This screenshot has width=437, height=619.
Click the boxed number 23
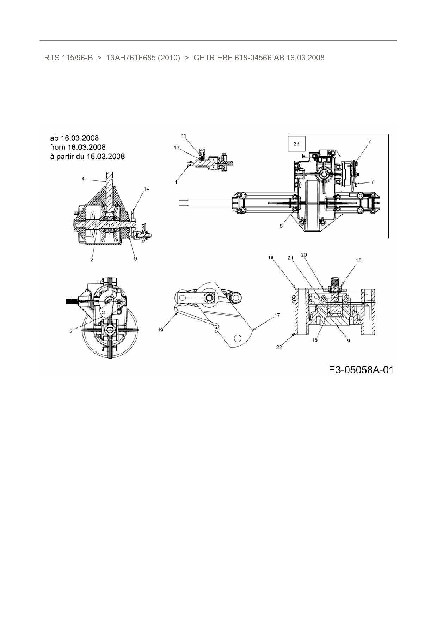tap(296, 143)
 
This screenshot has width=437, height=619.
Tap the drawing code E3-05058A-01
tap(361, 370)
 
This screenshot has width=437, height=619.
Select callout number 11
tap(184, 136)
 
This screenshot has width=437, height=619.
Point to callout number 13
tap(177, 148)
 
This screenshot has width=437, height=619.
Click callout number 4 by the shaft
tap(83, 179)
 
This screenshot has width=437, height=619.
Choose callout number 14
tap(147, 189)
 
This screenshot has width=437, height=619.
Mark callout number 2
tap(92, 259)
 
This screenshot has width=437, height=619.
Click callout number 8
tap(281, 226)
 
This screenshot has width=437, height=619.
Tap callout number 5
tap(70, 331)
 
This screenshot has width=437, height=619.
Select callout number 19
tap(160, 330)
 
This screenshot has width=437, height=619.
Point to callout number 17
tap(277, 315)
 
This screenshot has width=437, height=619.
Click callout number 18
tap(271, 258)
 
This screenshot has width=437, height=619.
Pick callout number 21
tap(290, 258)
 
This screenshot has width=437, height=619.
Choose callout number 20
tap(304, 254)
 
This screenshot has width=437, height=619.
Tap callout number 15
tap(358, 260)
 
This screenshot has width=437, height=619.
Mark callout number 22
tap(279, 347)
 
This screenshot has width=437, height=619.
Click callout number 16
tap(315, 340)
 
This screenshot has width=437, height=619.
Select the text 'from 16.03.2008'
tap(78, 147)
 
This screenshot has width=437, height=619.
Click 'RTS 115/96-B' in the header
tap(68, 58)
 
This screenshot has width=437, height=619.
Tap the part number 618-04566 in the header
tap(253, 58)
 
